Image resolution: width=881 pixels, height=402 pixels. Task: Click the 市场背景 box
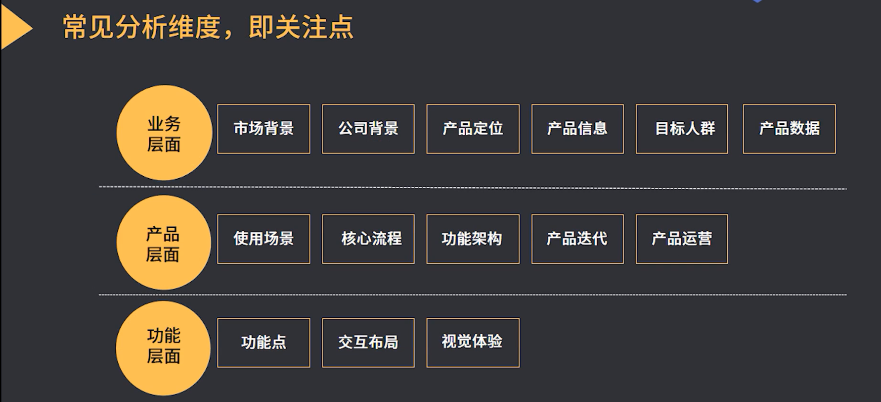[264, 129]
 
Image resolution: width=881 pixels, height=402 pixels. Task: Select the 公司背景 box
[368, 129]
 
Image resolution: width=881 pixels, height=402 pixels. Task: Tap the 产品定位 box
[473, 129]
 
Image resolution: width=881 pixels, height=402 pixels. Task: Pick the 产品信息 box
[577, 129]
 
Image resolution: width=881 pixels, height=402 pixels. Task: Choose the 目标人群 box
[682, 129]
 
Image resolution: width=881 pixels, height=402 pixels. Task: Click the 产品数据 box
[789, 129]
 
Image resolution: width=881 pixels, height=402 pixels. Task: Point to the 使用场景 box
[264, 239]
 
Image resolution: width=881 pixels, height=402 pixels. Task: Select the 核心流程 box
[368, 239]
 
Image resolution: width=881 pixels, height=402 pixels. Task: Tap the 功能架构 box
[473, 239]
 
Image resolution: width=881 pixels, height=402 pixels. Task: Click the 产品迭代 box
[577, 239]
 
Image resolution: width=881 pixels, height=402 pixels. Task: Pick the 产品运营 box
[682, 239]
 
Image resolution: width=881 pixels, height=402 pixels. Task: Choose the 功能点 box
[264, 343]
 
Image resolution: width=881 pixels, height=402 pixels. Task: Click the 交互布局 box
[368, 343]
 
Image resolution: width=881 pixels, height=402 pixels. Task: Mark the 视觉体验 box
[473, 343]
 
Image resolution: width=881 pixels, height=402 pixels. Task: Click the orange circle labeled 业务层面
[164, 133]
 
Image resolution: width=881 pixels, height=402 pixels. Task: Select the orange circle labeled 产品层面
[164, 243]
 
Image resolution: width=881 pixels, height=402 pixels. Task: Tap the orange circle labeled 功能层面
[163, 348]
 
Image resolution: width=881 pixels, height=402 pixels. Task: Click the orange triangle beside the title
[14, 28]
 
